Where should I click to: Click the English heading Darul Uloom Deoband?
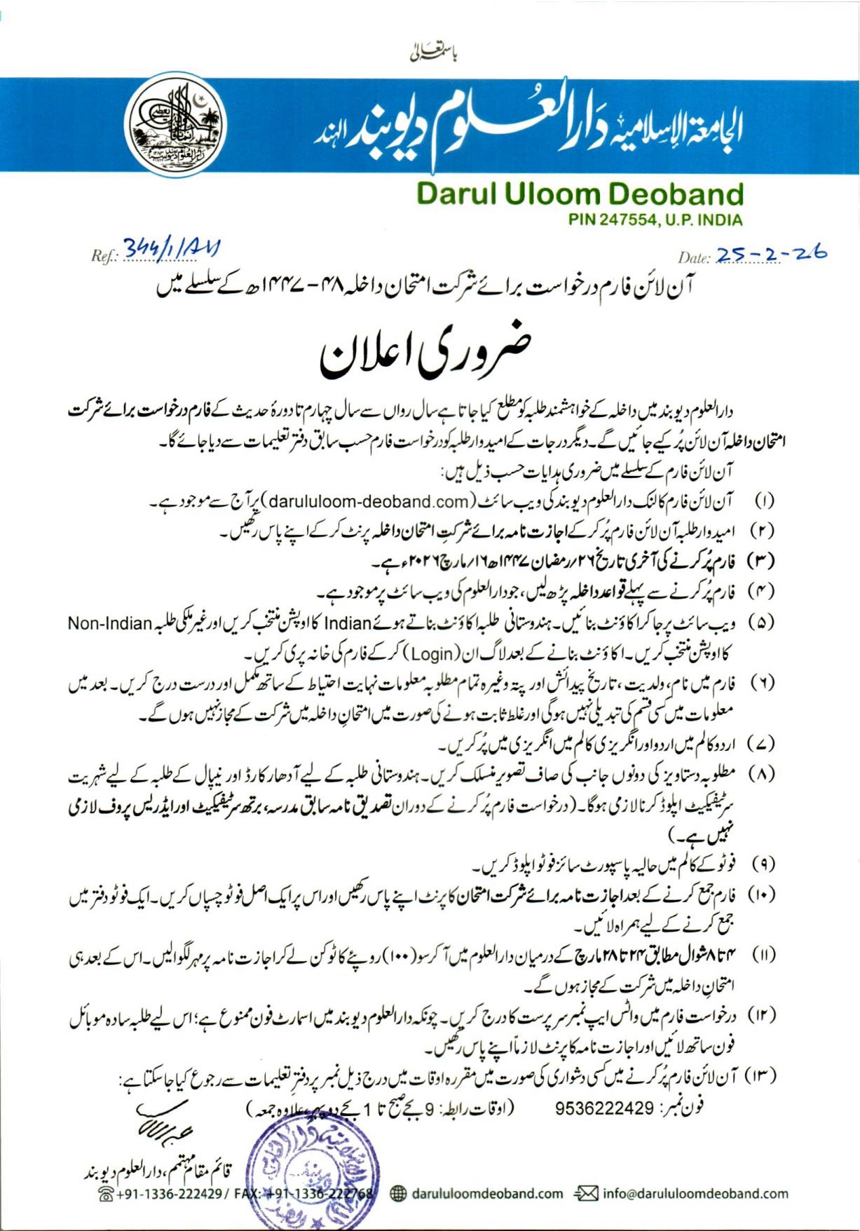click(579, 194)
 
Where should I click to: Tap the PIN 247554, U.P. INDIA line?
click(655, 220)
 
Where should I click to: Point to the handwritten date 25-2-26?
click(771, 254)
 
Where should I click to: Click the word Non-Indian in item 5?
click(111, 623)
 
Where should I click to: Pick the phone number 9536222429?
click(604, 1108)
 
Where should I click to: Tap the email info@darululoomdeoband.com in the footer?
click(695, 1193)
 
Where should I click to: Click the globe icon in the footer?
click(397, 1193)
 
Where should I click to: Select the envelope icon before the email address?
click(586, 1193)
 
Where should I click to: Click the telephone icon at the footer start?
click(107, 1195)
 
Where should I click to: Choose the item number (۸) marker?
click(763, 775)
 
